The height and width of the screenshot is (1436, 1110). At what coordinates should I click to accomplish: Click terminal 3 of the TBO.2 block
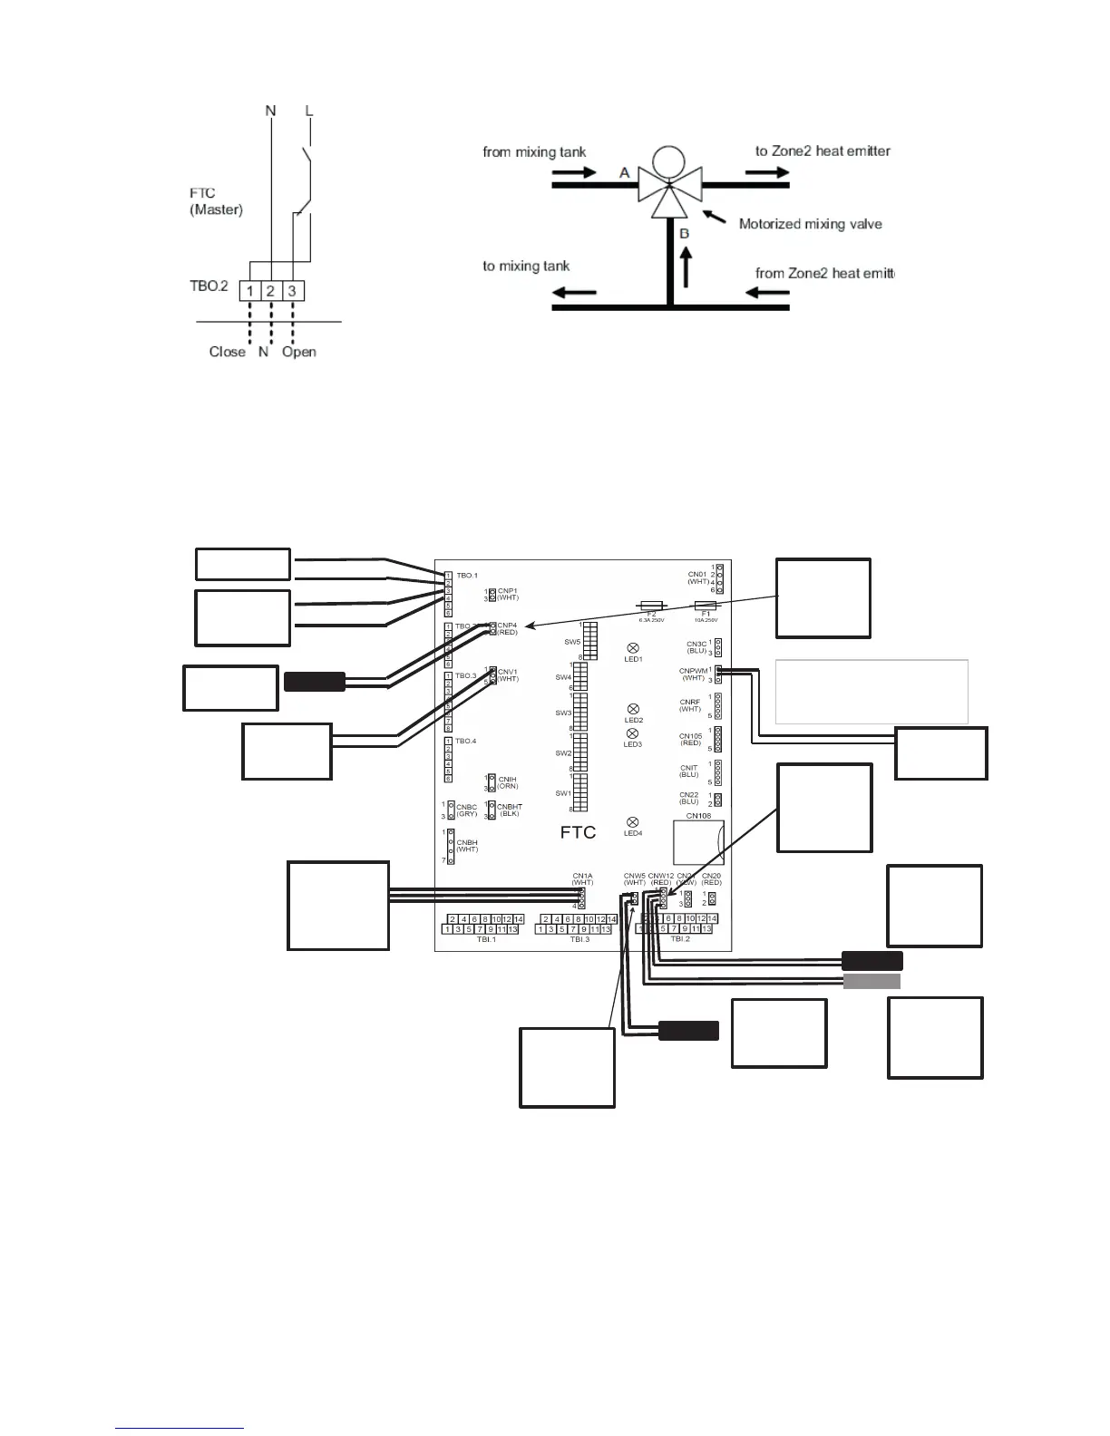[292, 290]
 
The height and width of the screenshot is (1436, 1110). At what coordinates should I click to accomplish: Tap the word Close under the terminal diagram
[227, 352]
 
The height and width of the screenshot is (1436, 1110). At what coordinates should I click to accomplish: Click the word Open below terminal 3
[298, 352]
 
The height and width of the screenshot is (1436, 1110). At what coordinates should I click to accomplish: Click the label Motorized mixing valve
[810, 224]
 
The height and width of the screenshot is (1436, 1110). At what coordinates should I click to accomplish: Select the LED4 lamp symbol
[633, 822]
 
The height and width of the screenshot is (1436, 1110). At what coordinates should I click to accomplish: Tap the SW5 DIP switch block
[589, 640]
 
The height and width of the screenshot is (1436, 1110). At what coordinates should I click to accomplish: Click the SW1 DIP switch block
[580, 792]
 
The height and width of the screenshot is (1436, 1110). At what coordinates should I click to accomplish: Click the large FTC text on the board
[578, 832]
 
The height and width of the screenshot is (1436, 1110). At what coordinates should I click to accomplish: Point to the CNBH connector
[449, 846]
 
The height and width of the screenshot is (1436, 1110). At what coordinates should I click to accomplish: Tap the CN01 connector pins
[719, 578]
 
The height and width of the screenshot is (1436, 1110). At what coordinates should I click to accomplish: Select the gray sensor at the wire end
[871, 982]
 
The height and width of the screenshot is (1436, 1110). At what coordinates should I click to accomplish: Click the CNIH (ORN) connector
[491, 783]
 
